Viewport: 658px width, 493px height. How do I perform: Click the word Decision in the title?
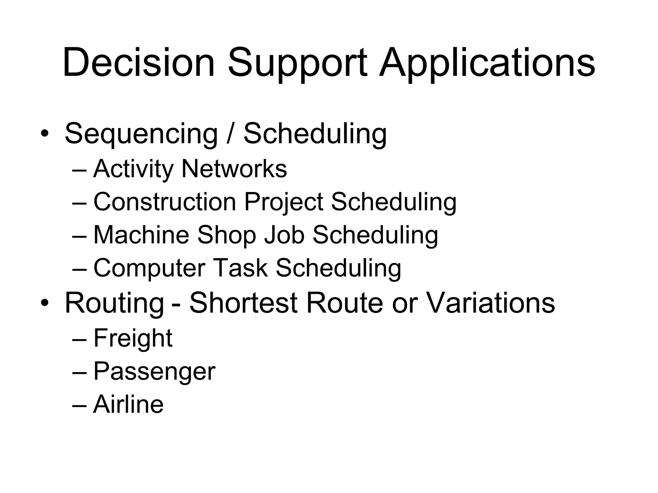pyautogui.click(x=138, y=63)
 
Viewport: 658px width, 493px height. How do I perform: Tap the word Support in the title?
pyautogui.click(x=297, y=63)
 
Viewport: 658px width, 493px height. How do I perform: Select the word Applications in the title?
pyautogui.click(x=487, y=63)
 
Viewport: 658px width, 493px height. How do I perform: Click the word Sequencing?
pyautogui.click(x=141, y=134)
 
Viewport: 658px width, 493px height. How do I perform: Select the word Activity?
pyautogui.click(x=133, y=169)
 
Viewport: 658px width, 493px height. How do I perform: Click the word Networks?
pyautogui.click(x=234, y=169)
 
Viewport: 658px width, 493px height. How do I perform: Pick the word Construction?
pyautogui.click(x=164, y=202)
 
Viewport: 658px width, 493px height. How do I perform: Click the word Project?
pyautogui.click(x=283, y=203)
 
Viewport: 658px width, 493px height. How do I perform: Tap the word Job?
pyautogui.click(x=284, y=235)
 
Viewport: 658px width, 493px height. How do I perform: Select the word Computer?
pyautogui.click(x=149, y=268)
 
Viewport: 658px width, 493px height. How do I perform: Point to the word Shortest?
pyautogui.click(x=243, y=303)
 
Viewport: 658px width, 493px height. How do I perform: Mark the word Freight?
pyautogui.click(x=133, y=339)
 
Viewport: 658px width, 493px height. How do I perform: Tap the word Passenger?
pyautogui.click(x=154, y=372)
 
